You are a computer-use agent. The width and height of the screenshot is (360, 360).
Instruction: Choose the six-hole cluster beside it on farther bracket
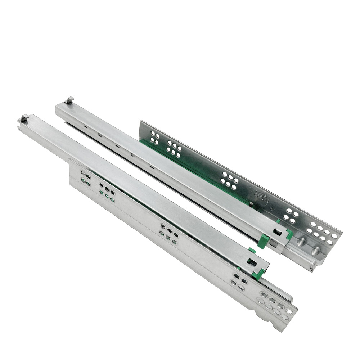pyautogui.click(x=174, y=149)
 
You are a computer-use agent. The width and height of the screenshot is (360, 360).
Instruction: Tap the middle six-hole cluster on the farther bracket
pyautogui.click(x=230, y=180)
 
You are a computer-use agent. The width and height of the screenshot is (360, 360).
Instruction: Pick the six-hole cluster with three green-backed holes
pyautogui.click(x=107, y=193)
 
